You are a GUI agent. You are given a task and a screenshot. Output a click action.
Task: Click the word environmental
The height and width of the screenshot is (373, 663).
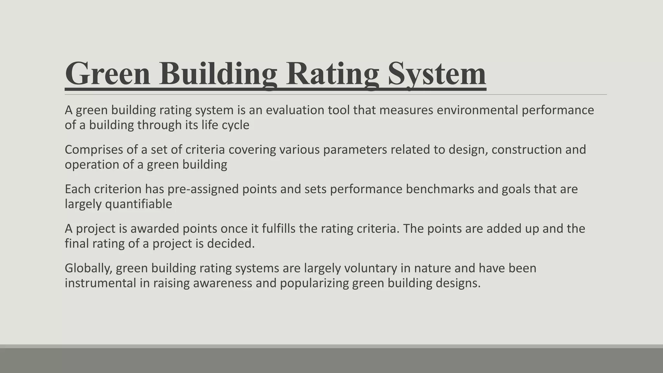pos(477,110)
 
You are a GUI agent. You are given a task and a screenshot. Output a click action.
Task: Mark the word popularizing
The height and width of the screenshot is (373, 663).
pos(314,283)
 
